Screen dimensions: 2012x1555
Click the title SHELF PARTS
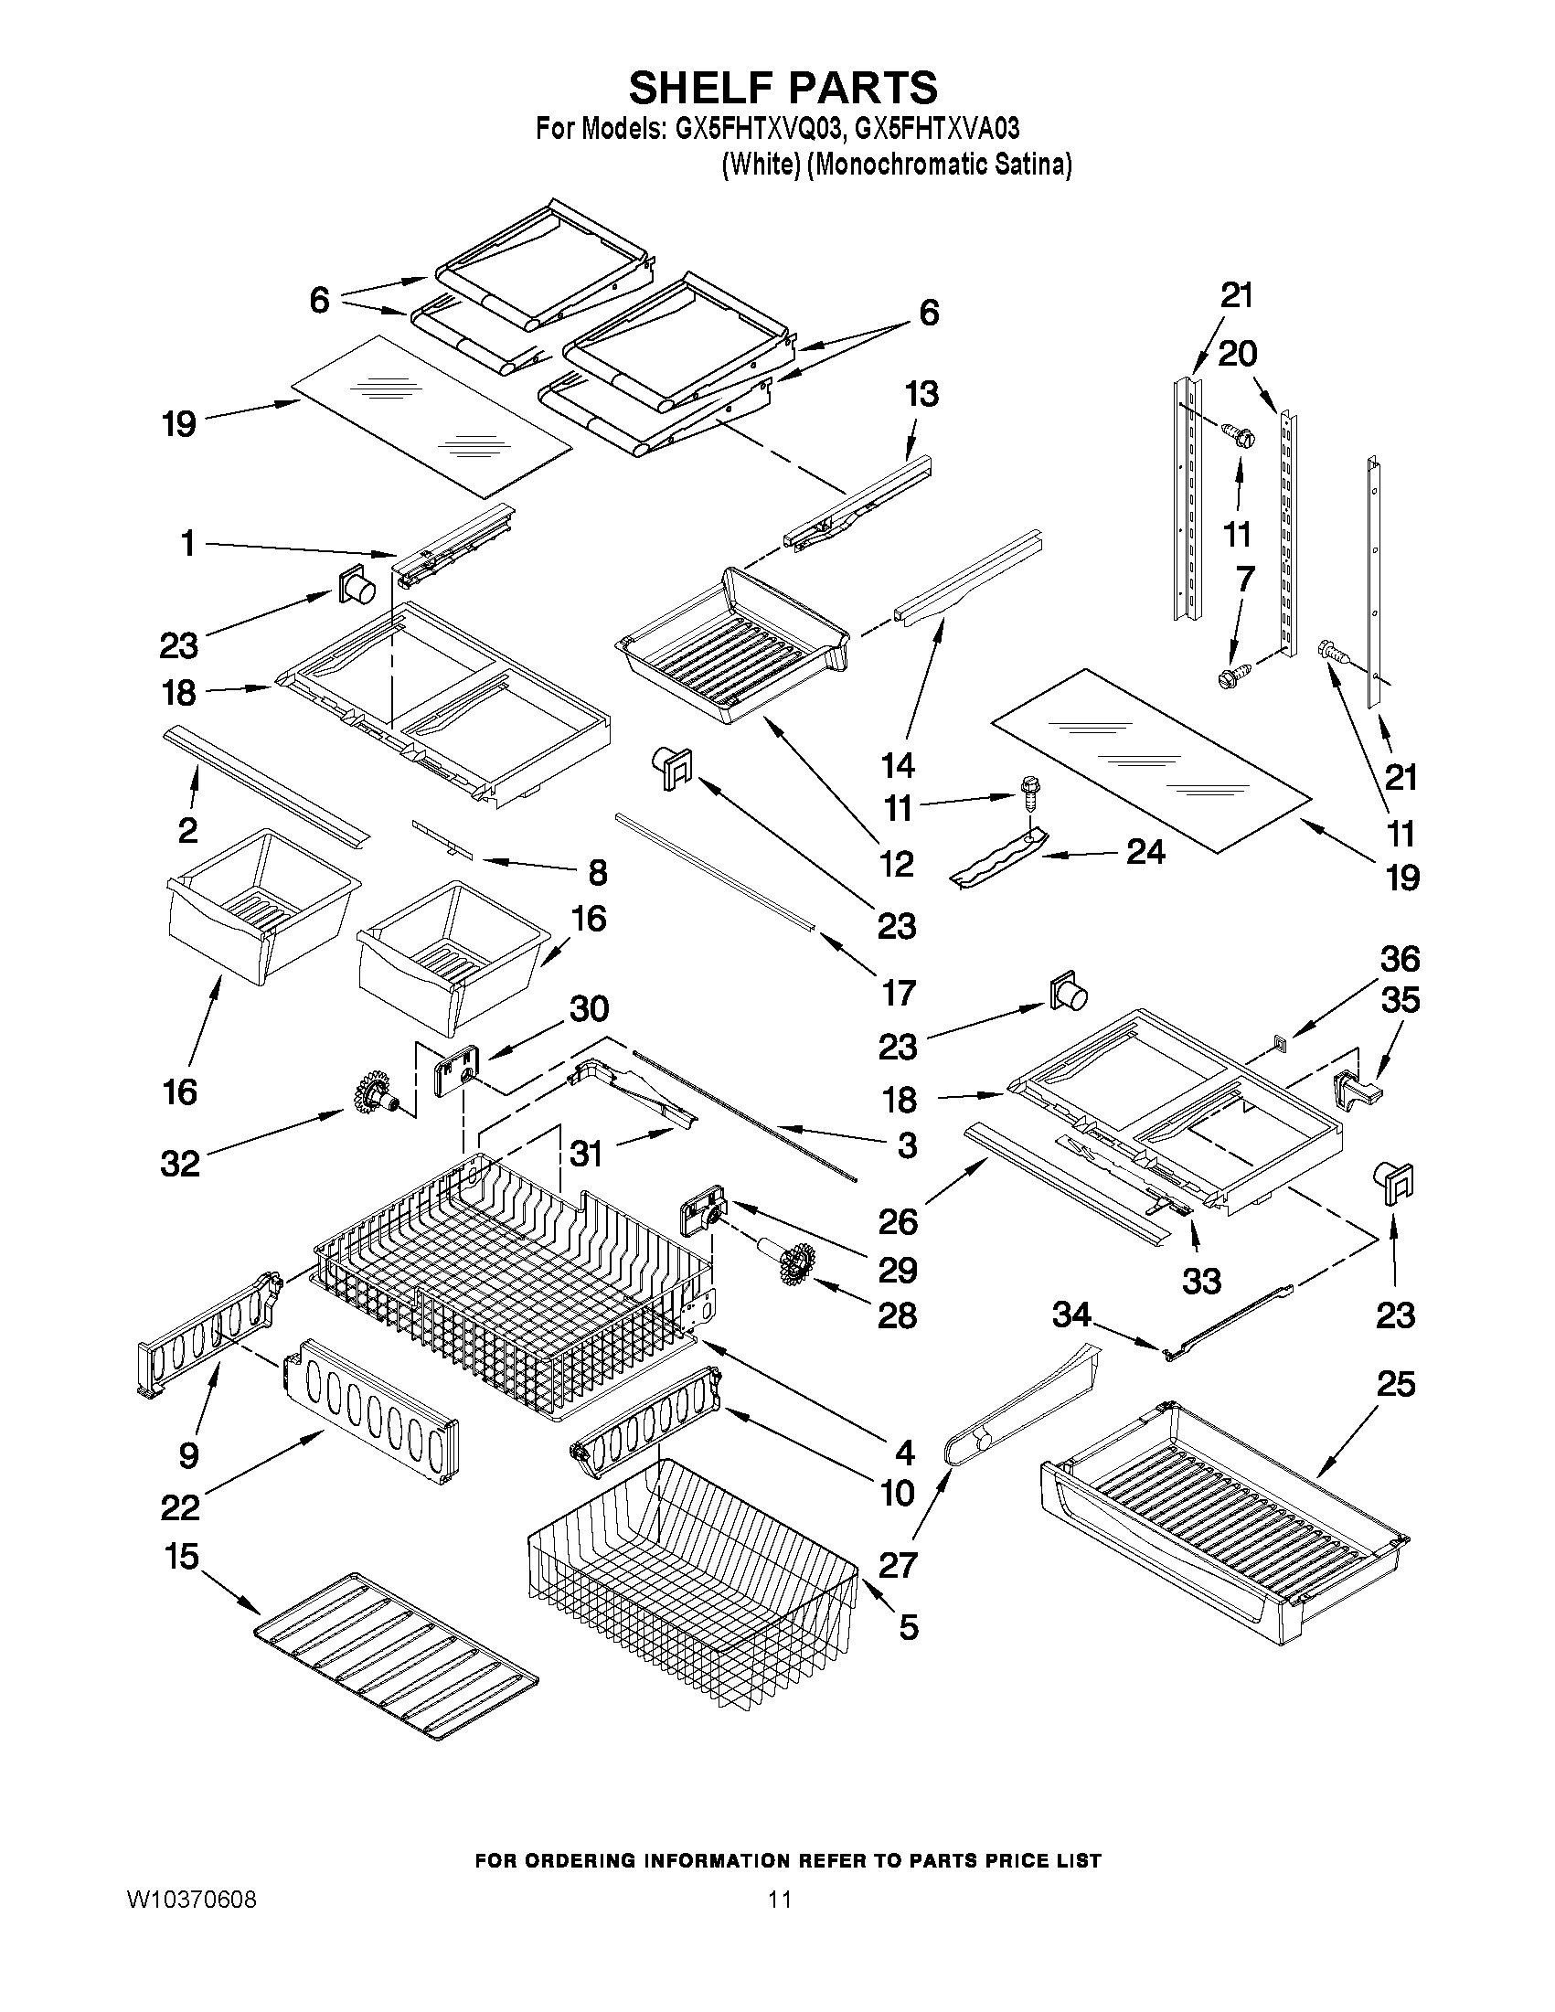(x=783, y=88)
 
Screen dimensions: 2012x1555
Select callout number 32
(x=180, y=1164)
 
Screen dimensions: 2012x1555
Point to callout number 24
(x=1145, y=852)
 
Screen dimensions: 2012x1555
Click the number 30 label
(x=589, y=1009)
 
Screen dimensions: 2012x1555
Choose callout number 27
(x=899, y=1564)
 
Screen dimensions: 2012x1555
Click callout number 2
(x=188, y=830)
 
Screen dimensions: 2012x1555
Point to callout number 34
(x=1072, y=1315)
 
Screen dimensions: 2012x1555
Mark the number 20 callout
(x=1237, y=353)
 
